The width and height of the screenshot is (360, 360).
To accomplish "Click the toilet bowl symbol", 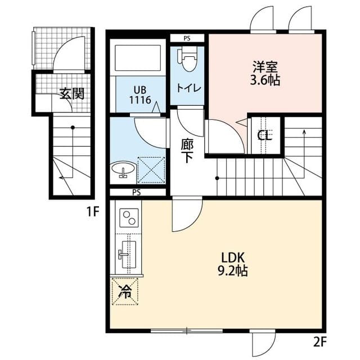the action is (x=187, y=59).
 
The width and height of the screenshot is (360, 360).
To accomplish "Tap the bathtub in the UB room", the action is (x=138, y=58).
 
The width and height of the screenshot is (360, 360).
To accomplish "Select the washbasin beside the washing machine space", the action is (x=123, y=169).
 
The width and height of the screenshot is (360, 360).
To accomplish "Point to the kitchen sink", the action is (x=129, y=254).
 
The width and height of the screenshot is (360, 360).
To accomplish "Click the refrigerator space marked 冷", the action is (x=125, y=291).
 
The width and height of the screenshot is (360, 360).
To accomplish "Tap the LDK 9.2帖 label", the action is (x=233, y=264).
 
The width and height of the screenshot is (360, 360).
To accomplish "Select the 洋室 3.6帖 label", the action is (x=265, y=73).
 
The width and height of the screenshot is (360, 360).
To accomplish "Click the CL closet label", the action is (x=265, y=136).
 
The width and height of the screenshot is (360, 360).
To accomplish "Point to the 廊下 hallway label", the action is (x=187, y=151).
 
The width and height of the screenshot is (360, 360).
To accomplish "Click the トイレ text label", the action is (x=189, y=88).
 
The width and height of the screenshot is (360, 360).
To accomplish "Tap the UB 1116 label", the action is (x=140, y=95).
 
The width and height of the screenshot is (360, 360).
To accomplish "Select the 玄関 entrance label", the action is (x=72, y=93).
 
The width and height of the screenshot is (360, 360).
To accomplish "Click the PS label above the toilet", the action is (x=187, y=38).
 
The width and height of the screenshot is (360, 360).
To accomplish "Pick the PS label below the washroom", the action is (x=137, y=192).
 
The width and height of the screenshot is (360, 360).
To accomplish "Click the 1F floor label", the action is (x=92, y=211).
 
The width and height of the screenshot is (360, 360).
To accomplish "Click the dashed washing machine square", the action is (x=151, y=170).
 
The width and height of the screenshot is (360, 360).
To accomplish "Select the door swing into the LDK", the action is (x=187, y=214).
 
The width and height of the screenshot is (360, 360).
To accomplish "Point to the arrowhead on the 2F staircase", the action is (x=304, y=132).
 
